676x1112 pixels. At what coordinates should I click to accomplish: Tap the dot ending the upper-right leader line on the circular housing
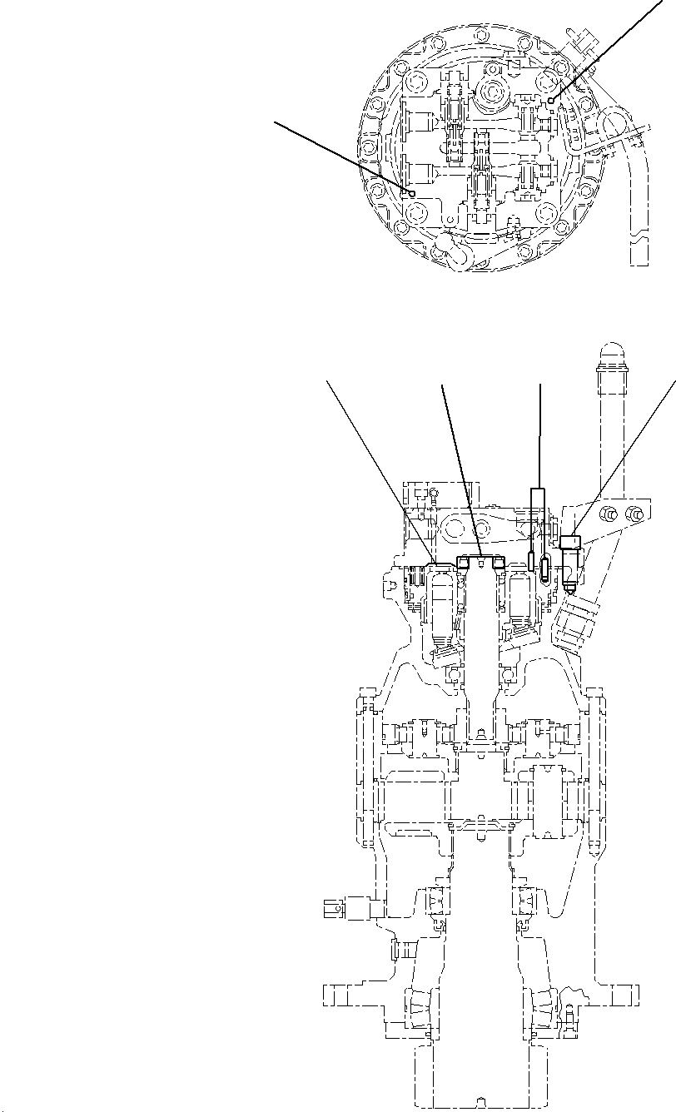click(x=552, y=100)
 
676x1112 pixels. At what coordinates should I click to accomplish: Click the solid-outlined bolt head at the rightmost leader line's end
click(x=571, y=542)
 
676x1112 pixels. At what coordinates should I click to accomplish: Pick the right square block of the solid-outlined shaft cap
click(x=499, y=563)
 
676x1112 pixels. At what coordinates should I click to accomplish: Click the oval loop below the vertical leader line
click(x=543, y=569)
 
